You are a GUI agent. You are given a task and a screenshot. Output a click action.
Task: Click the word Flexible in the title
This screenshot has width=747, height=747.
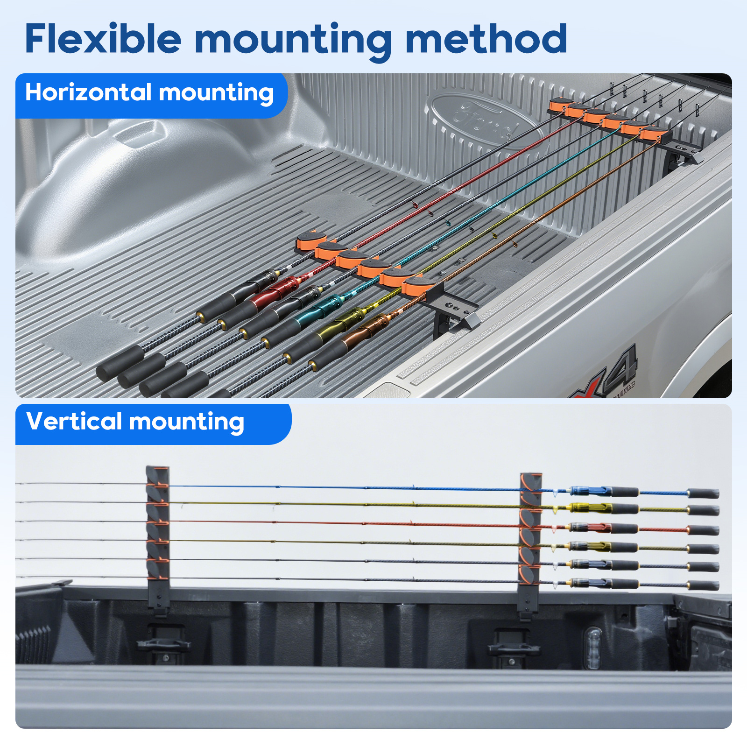click(103, 38)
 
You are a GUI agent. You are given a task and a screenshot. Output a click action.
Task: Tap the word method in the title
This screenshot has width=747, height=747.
click(486, 38)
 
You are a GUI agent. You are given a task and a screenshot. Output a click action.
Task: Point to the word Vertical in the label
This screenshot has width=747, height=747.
click(74, 421)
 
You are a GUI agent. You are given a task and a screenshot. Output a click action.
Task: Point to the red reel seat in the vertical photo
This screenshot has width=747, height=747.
click(591, 528)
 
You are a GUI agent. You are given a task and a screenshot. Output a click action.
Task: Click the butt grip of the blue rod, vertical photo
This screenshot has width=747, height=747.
click(703, 493)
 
